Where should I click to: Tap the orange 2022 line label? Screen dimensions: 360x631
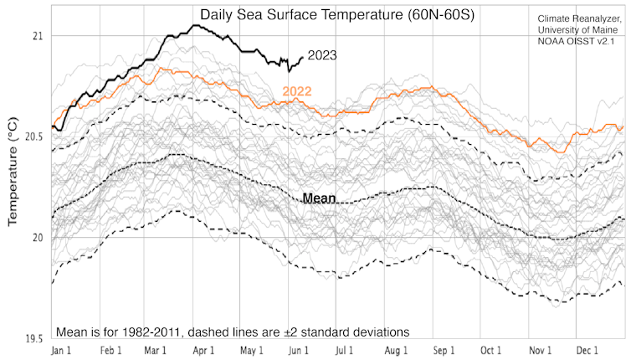[297, 90]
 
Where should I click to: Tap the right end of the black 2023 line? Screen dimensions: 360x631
[303, 58]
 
